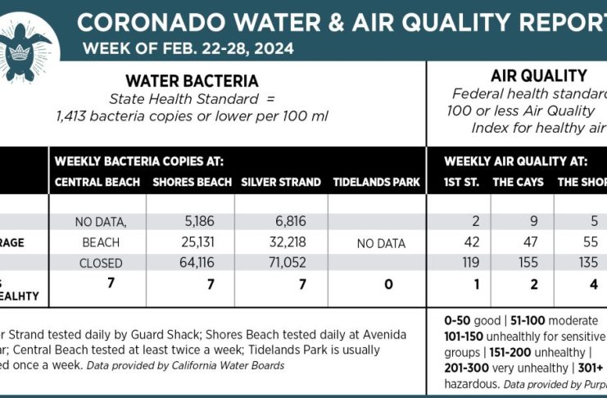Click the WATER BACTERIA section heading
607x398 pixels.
pos(192,81)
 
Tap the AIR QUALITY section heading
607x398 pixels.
pos(537,76)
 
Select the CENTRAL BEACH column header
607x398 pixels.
pos(95,182)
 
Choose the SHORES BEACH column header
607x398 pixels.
pos(189,182)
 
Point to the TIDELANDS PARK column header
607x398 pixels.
pos(377,182)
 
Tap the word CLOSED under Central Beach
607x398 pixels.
pos(101,264)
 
